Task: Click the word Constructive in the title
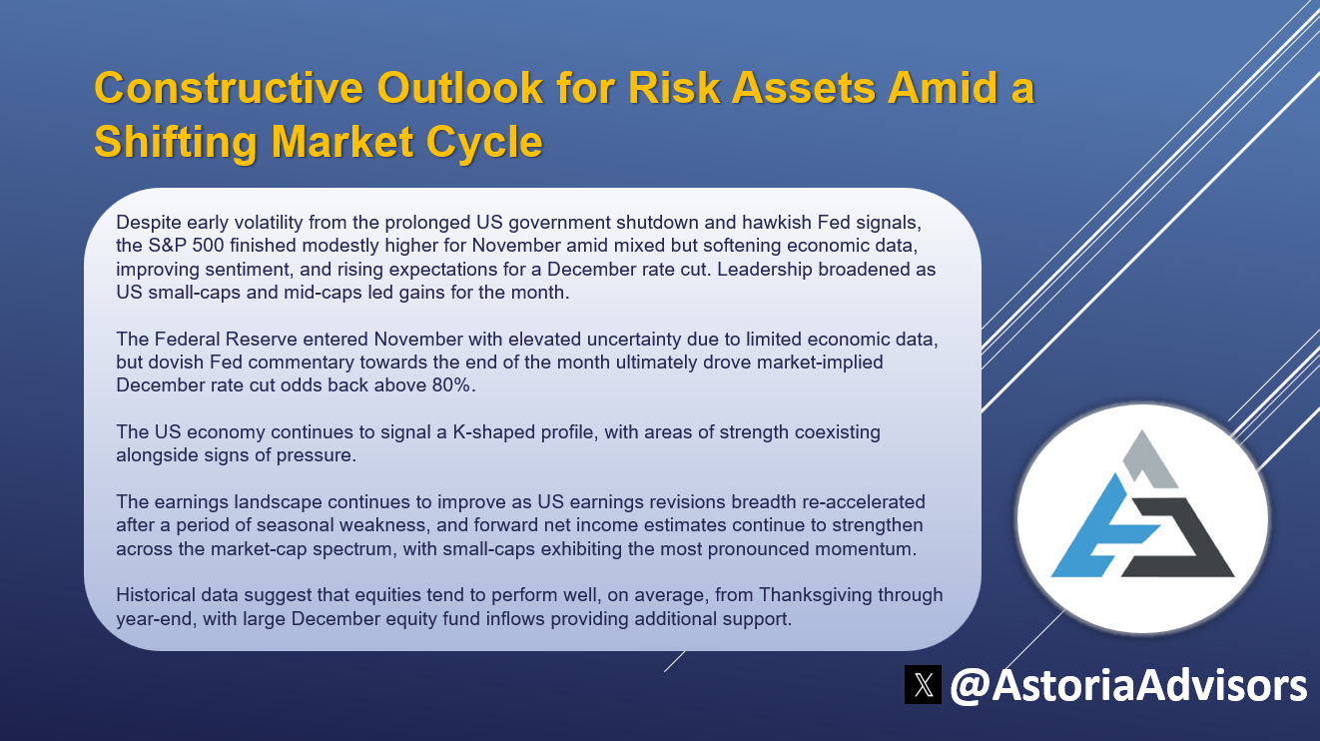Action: click(x=229, y=88)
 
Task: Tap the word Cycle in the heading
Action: click(x=484, y=142)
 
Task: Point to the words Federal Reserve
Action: click(x=225, y=339)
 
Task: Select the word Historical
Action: click(x=155, y=595)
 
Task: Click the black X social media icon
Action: click(x=923, y=684)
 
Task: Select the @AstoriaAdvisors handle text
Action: click(x=1128, y=686)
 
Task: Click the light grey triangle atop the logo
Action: click(x=1149, y=458)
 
